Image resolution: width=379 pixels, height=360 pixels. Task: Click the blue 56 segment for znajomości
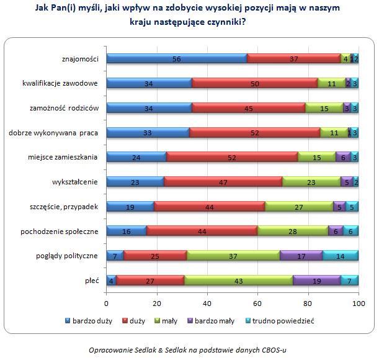tap(177, 58)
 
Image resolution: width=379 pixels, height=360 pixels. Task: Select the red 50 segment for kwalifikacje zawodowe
tap(255, 83)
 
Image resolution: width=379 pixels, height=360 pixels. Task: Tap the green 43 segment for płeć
tap(238, 280)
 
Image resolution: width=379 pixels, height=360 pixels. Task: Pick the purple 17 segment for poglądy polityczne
tap(301, 255)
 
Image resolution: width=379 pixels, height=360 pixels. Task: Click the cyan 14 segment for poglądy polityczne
tap(341, 255)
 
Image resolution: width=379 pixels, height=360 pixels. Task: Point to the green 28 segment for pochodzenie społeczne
tap(293, 231)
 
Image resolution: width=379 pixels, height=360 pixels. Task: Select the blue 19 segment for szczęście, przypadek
tap(130, 206)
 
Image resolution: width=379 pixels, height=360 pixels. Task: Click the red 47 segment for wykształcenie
tap(223, 181)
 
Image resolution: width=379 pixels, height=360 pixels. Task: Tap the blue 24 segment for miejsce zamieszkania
tap(136, 157)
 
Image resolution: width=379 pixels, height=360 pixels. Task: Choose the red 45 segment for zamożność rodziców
tap(249, 108)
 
